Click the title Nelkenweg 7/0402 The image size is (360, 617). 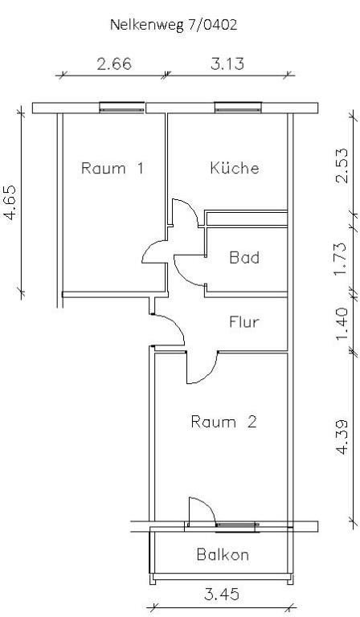pyautogui.click(x=174, y=25)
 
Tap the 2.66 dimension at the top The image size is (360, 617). pyautogui.click(x=114, y=63)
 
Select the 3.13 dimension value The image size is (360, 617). pyautogui.click(x=227, y=63)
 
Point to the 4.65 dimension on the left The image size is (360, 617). pyautogui.click(x=10, y=202)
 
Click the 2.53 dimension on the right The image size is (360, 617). pyautogui.click(x=342, y=165)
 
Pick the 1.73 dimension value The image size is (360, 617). pyautogui.click(x=341, y=259)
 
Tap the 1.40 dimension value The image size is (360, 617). pyautogui.click(x=342, y=325)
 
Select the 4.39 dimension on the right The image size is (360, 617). pyautogui.click(x=342, y=437)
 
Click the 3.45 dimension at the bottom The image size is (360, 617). pyautogui.click(x=222, y=595)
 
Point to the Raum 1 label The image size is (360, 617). pyautogui.click(x=112, y=168)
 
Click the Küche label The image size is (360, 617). pyautogui.click(x=235, y=168)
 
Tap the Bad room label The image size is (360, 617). pyautogui.click(x=244, y=258)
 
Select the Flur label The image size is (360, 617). pyautogui.click(x=244, y=322)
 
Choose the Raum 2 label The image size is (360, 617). pyautogui.click(x=223, y=422)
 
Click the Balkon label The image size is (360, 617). pyautogui.click(x=223, y=554)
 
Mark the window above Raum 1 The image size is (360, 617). pyautogui.click(x=121, y=108)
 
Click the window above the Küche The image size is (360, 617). pyautogui.click(x=238, y=108)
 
